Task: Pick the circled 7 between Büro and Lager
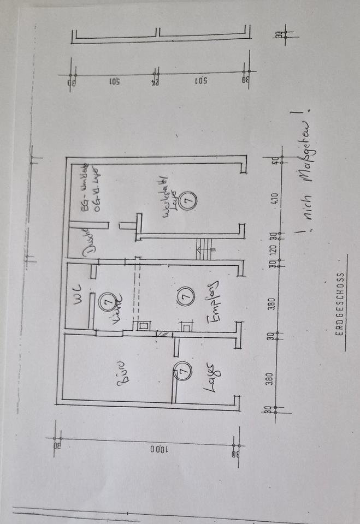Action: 182,371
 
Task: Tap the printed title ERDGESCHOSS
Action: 341,311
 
